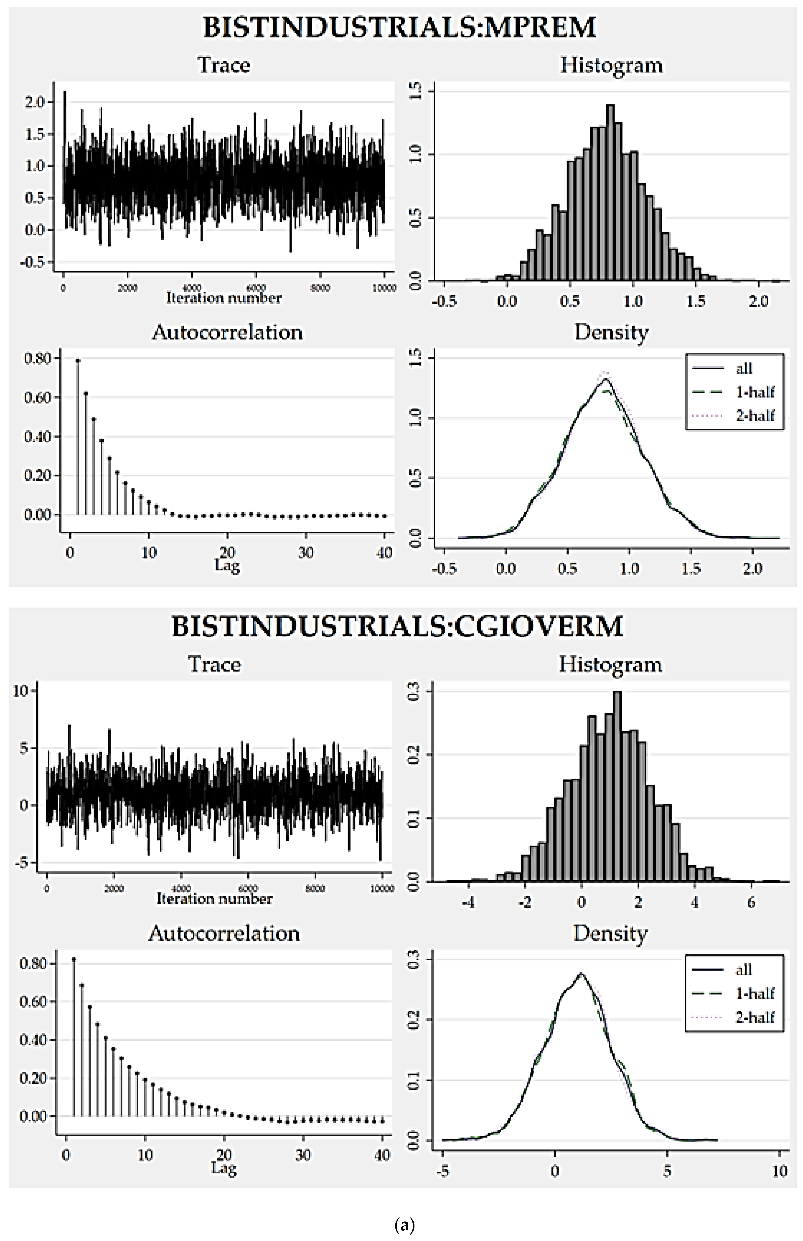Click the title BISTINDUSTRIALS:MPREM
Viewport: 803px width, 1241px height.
[x=399, y=27]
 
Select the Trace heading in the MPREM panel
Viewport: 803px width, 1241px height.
[x=224, y=65]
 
